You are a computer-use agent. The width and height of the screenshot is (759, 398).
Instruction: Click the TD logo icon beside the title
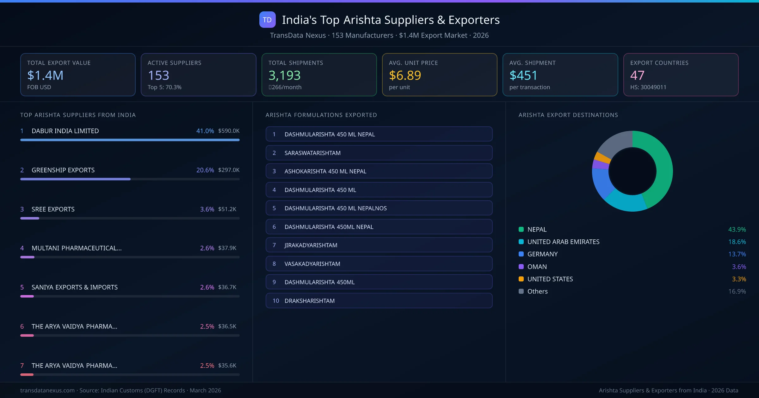267,20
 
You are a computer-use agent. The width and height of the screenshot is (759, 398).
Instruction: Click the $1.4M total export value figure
45,75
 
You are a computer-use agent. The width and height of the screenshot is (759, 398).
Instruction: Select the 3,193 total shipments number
284,75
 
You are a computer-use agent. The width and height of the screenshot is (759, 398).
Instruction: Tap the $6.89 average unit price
405,75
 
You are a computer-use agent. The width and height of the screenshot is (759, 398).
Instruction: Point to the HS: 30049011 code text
648,87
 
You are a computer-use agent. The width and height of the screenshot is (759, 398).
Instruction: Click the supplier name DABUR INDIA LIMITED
65,131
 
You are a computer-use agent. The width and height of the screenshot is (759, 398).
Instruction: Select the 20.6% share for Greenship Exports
205,170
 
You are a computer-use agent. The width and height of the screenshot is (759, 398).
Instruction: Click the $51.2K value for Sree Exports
227,209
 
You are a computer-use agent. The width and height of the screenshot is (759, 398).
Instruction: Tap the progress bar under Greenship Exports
75,179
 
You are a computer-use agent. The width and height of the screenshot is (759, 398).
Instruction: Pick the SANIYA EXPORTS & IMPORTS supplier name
75,287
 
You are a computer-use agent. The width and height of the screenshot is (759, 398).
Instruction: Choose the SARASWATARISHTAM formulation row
379,153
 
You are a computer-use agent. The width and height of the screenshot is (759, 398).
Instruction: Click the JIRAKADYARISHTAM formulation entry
379,245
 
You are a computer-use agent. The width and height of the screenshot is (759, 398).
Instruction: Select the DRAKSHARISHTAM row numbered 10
379,301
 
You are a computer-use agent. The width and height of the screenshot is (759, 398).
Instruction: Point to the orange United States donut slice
602,157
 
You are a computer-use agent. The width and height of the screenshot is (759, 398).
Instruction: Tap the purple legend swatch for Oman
521,267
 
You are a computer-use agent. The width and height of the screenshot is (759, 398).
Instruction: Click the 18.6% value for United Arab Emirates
737,242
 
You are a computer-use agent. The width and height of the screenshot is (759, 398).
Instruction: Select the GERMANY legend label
542,254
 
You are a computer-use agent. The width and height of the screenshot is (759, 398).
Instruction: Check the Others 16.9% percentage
737,291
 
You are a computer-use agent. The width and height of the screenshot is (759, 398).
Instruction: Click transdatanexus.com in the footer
47,390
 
